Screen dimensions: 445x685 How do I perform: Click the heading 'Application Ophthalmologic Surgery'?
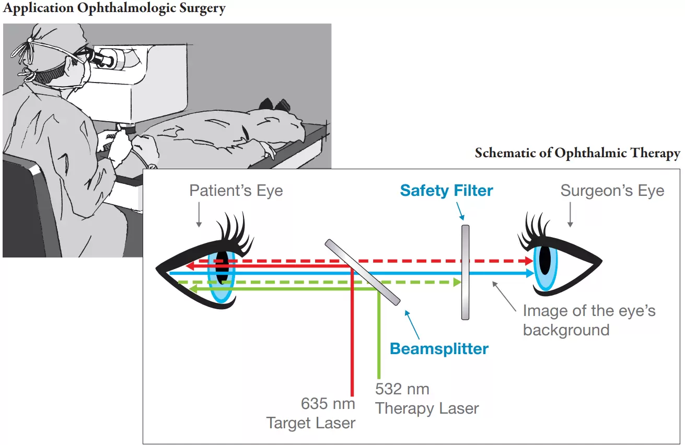click(114, 9)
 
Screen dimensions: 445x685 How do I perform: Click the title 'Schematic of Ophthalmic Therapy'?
click(577, 153)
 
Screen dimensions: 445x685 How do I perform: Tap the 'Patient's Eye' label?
click(236, 190)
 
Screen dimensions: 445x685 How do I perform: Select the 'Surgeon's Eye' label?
click(612, 190)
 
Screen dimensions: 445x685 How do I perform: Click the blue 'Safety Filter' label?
click(446, 191)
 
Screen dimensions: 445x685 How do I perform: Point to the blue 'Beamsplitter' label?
click(439, 348)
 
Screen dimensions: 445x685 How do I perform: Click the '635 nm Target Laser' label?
click(312, 413)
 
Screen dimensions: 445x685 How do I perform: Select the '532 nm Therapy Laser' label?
click(426, 399)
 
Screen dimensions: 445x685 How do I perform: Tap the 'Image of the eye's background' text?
click(588, 320)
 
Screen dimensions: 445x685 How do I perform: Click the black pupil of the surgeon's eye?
click(545, 260)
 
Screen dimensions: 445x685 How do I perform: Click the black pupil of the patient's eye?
click(222, 266)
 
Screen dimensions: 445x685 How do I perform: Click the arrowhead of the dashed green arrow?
click(457, 282)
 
